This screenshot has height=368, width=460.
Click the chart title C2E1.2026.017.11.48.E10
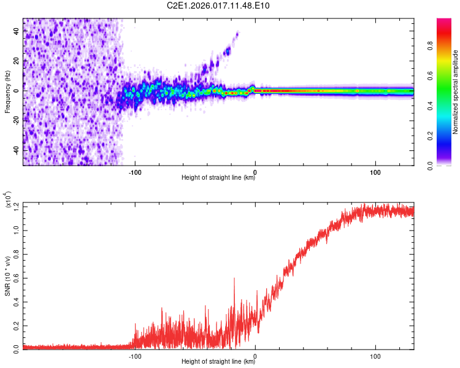point(227,6)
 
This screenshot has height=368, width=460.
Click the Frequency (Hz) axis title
point(7,92)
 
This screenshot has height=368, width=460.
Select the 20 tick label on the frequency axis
point(17,61)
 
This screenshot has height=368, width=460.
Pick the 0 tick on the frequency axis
point(17,91)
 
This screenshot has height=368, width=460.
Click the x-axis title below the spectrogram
point(218,178)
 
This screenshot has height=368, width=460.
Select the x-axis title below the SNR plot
point(218,362)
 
